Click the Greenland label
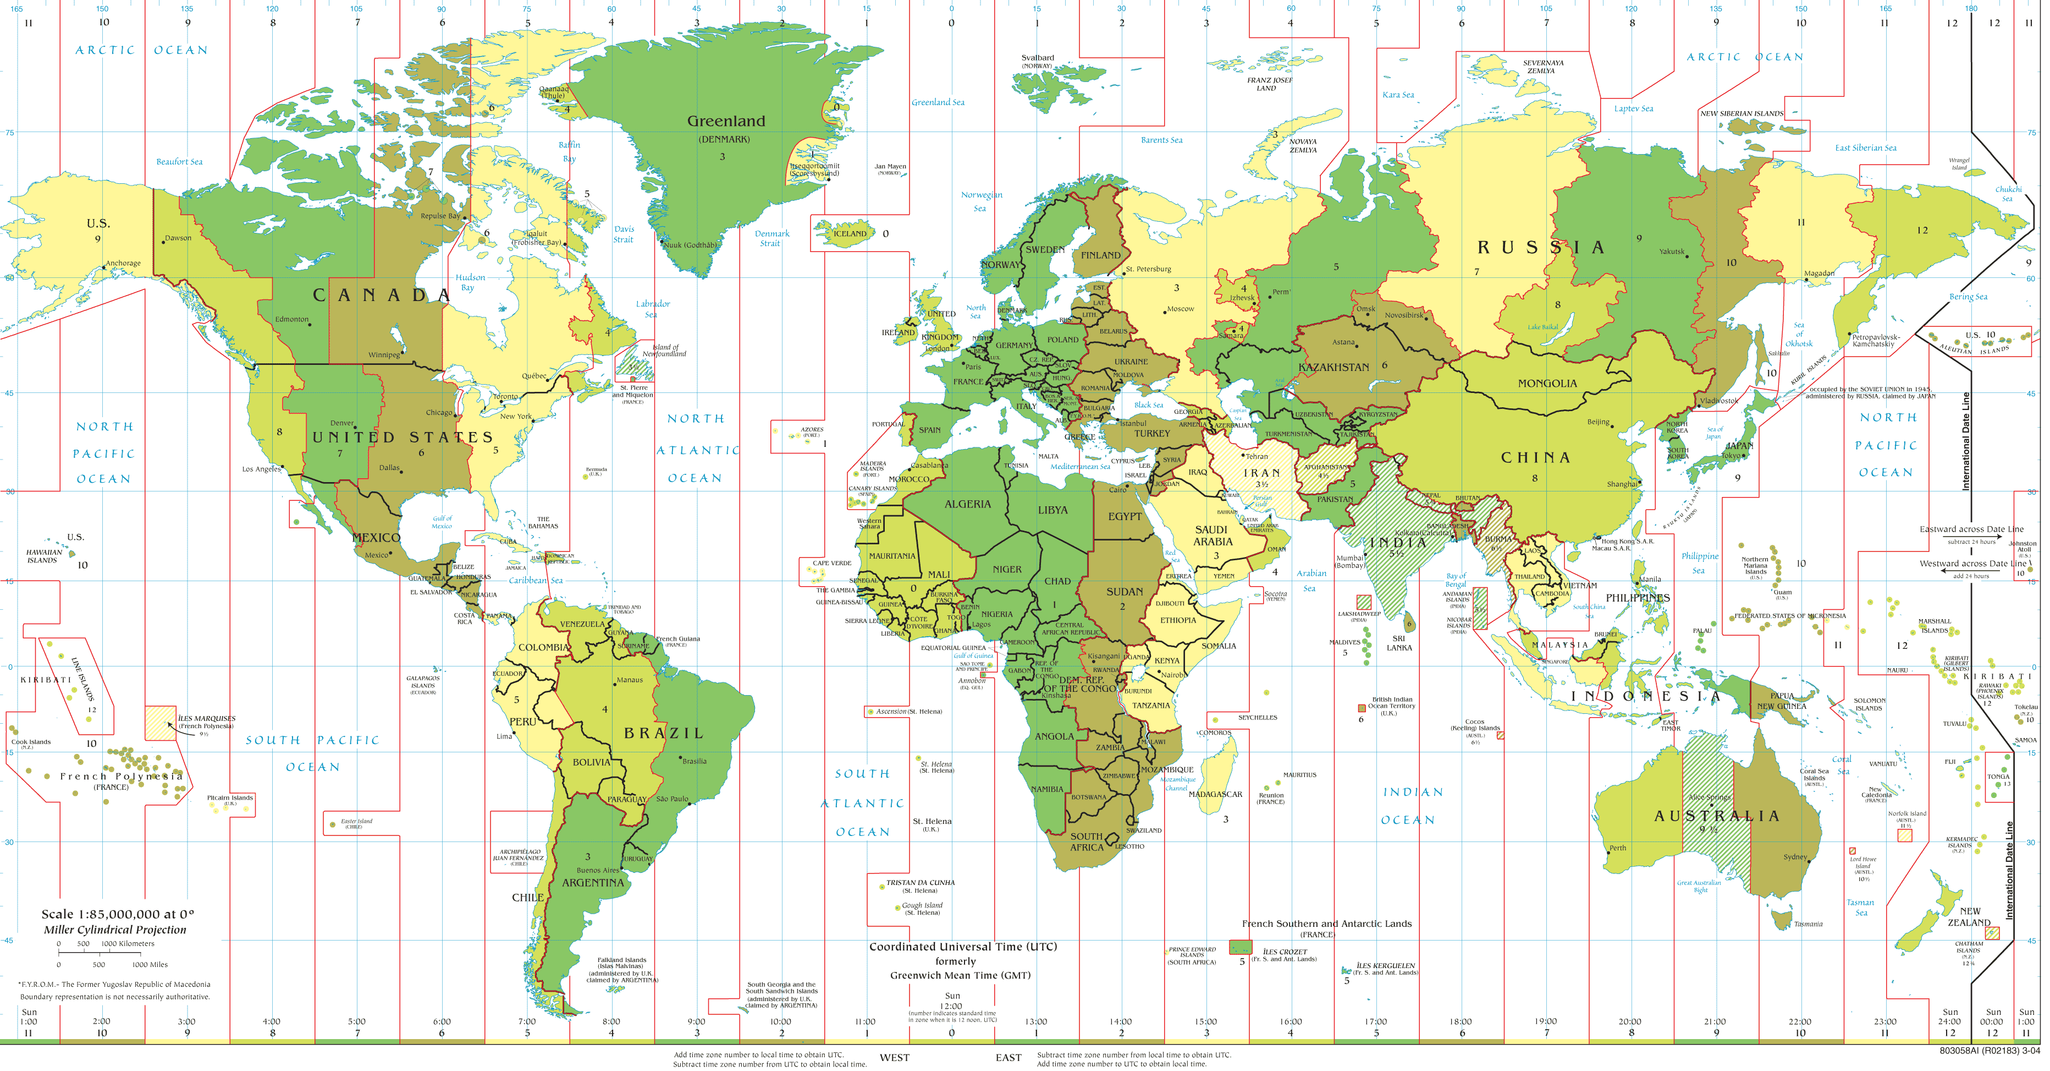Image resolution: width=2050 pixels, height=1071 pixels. pyautogui.click(x=726, y=121)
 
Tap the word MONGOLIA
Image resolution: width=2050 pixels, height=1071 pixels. pyautogui.click(x=1546, y=384)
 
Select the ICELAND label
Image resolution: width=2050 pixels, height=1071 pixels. pyautogui.click(x=849, y=233)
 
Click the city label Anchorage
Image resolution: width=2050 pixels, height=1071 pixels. pyautogui.click(x=123, y=263)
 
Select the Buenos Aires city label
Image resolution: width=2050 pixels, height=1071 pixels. pyautogui.click(x=598, y=870)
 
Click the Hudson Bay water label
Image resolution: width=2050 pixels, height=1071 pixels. pyautogui.click(x=470, y=282)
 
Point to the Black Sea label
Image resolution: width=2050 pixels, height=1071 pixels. pyautogui.click(x=1148, y=405)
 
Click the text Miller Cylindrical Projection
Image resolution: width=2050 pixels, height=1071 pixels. pyautogui.click(x=114, y=929)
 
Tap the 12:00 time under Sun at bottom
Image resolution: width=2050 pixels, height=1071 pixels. pyautogui.click(x=952, y=1006)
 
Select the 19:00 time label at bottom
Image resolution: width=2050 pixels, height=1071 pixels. pyautogui.click(x=1545, y=1021)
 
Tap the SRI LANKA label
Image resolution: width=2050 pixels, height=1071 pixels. pyautogui.click(x=1399, y=643)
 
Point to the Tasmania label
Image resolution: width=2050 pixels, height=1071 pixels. pyautogui.click(x=1807, y=924)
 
